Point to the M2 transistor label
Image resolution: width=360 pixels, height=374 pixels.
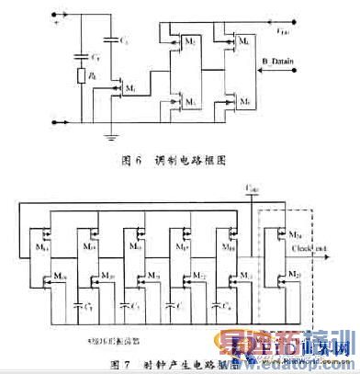pyautogui.click(x=190, y=44)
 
